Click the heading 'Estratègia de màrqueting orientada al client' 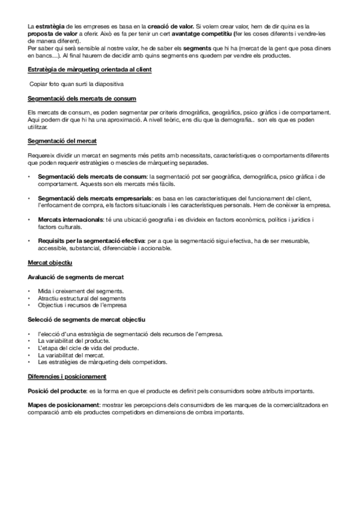tap(90, 70)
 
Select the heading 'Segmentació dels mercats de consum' tap(82, 98)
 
